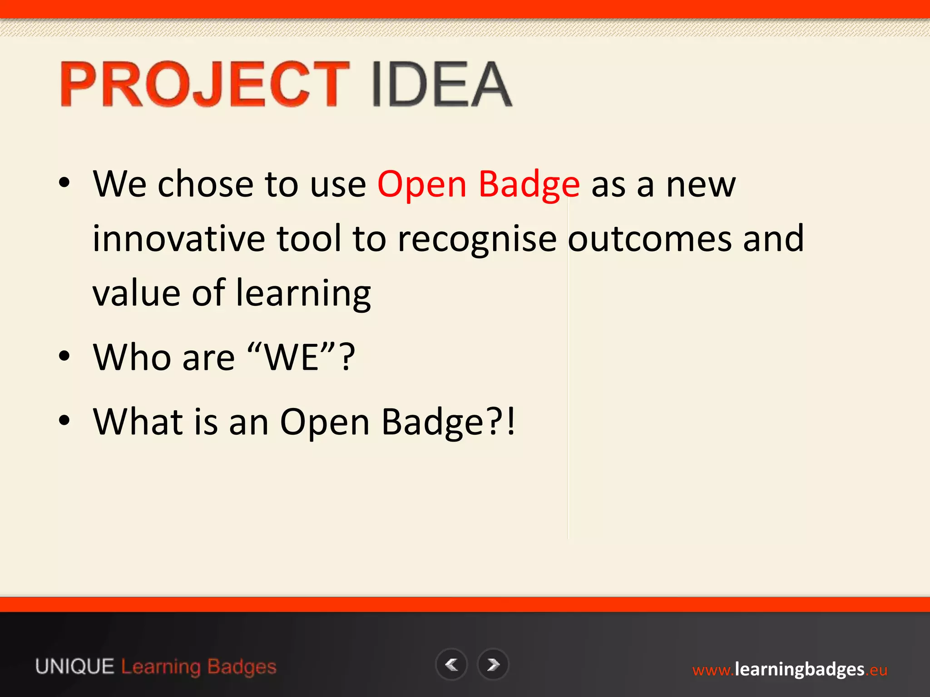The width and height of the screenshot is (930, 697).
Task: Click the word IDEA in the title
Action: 441,84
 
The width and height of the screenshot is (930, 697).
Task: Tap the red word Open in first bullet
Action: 422,185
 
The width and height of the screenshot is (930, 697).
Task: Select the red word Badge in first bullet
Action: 529,185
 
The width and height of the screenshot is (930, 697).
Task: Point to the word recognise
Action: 477,240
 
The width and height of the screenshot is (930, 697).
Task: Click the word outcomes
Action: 649,239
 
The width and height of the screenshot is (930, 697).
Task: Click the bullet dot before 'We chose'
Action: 64,183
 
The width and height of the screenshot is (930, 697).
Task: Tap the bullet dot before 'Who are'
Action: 64,357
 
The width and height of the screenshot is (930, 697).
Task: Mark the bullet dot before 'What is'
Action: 64,421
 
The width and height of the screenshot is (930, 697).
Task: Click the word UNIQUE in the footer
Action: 75,667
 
